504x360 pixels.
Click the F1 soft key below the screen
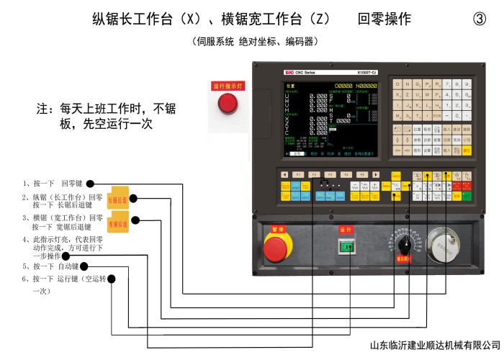pyautogui.click(x=314, y=174)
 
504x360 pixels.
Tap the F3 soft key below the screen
pyautogui.click(x=346, y=174)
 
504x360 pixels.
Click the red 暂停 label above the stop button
pyautogui.click(x=276, y=229)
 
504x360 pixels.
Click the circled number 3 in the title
pyautogui.click(x=480, y=19)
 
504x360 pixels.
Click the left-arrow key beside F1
pyautogui.click(x=284, y=174)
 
